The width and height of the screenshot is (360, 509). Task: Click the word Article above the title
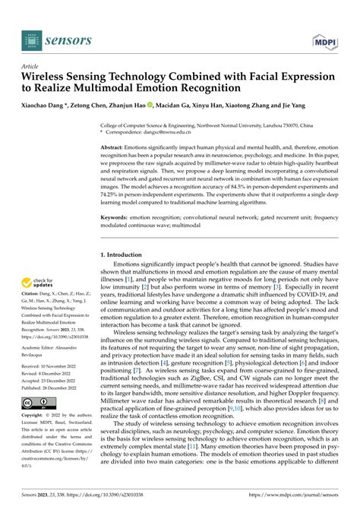(31, 66)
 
